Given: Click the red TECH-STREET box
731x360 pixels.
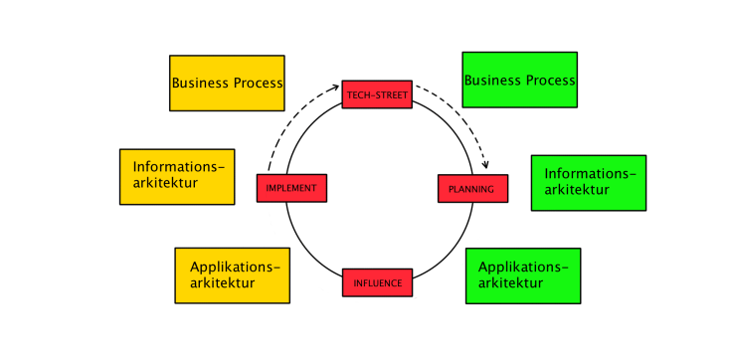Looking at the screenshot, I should pos(377,94).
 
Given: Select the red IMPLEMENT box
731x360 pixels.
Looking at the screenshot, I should pos(291,188).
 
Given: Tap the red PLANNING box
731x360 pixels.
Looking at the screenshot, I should pos(472,189).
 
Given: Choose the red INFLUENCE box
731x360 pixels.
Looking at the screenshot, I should pos(377,282).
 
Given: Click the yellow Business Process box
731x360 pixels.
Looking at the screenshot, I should pos(227,84).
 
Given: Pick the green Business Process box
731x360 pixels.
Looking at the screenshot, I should pos(519,80).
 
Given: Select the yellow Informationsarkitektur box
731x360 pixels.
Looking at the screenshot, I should pos(177,177).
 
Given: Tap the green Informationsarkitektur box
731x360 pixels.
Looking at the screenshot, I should pos(588,183).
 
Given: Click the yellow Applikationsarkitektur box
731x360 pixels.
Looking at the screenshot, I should pos(232,275).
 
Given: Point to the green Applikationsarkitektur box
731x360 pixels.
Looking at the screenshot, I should pos(522,275).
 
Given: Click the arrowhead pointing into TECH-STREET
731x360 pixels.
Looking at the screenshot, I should pos(336,88).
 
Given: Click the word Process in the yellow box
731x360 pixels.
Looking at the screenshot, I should pos(259,84).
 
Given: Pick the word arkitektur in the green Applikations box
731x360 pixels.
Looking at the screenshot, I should pos(511,283).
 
